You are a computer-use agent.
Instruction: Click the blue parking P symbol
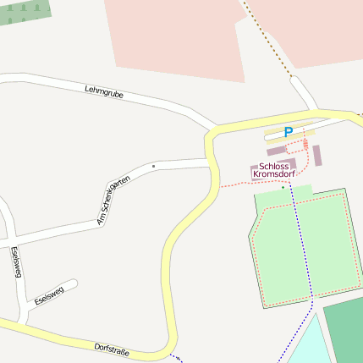coord(289,132)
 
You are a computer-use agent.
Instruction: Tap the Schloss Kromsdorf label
coord(278,170)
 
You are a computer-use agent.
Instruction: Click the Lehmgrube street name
coord(104,92)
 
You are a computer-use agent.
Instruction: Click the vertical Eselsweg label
coord(15,262)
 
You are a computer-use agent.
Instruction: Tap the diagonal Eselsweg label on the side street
coord(49,295)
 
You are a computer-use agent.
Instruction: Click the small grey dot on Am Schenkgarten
coord(153,166)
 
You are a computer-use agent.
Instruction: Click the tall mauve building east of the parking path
coord(317,156)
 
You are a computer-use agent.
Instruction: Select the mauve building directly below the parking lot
coord(277,151)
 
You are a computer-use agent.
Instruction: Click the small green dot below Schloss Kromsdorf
coord(283,187)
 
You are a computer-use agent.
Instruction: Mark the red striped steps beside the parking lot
coord(305,145)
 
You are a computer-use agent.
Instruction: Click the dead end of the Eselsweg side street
coord(74,283)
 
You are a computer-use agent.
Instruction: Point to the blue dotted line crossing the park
coord(302,245)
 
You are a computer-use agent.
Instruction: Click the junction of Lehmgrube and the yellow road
coord(208,133)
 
